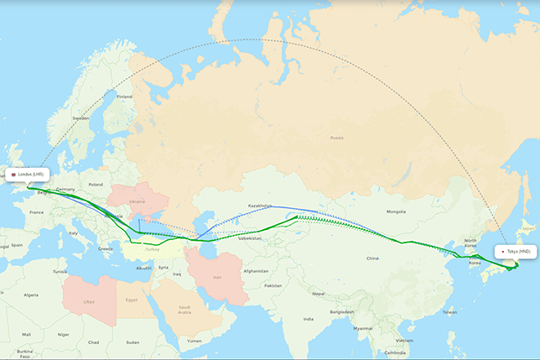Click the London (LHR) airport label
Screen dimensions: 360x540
[x=29, y=175]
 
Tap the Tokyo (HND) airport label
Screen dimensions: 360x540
[x=516, y=251]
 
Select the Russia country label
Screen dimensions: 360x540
[x=336, y=137]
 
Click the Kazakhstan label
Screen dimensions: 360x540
[x=260, y=206]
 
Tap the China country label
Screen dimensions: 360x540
[x=372, y=258]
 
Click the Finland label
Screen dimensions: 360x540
[x=124, y=97]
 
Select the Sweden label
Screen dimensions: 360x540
[x=80, y=118]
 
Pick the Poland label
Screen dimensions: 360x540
[x=95, y=184]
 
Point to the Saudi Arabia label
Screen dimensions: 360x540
[x=184, y=309]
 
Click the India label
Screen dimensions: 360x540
[x=309, y=319]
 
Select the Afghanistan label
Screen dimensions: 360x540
[x=257, y=271]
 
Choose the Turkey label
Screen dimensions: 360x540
[x=152, y=249]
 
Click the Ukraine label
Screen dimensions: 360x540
[x=137, y=202]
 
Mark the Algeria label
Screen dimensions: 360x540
[x=31, y=295]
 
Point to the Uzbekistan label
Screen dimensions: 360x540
[x=249, y=238]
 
